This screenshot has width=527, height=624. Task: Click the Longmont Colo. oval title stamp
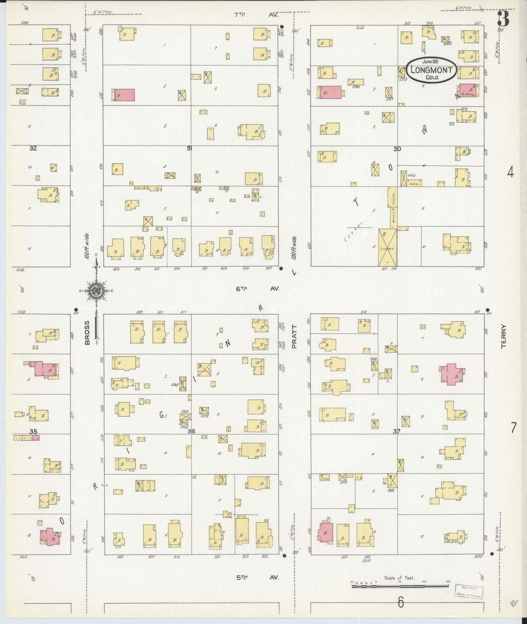431,69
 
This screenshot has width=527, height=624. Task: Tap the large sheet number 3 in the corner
503,19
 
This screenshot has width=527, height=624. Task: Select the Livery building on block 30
387,247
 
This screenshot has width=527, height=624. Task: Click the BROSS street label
87,333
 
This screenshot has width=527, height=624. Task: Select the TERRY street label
503,336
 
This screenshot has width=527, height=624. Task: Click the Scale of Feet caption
399,578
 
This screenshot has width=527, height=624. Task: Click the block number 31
189,148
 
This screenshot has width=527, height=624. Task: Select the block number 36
191,431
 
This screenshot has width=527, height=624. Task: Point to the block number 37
397,431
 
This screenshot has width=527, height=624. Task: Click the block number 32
33,148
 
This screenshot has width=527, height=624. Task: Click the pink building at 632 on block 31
124,95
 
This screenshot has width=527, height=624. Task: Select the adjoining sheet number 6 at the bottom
401,602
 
